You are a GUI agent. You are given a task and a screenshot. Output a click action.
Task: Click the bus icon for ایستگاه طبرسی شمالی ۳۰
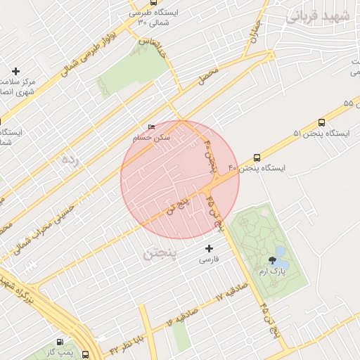134,12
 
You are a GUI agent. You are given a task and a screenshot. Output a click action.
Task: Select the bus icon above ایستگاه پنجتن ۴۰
257,158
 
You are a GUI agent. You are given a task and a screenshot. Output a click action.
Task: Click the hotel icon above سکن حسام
151,127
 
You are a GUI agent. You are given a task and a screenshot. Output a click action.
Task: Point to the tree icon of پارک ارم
263,259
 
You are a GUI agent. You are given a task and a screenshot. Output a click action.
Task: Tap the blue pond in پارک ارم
280,252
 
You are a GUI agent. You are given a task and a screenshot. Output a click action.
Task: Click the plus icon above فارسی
208,248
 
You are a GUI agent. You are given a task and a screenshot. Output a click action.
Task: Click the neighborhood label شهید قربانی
314,15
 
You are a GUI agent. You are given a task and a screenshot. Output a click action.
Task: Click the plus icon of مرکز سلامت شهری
15,71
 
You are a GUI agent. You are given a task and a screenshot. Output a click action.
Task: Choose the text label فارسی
208,260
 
